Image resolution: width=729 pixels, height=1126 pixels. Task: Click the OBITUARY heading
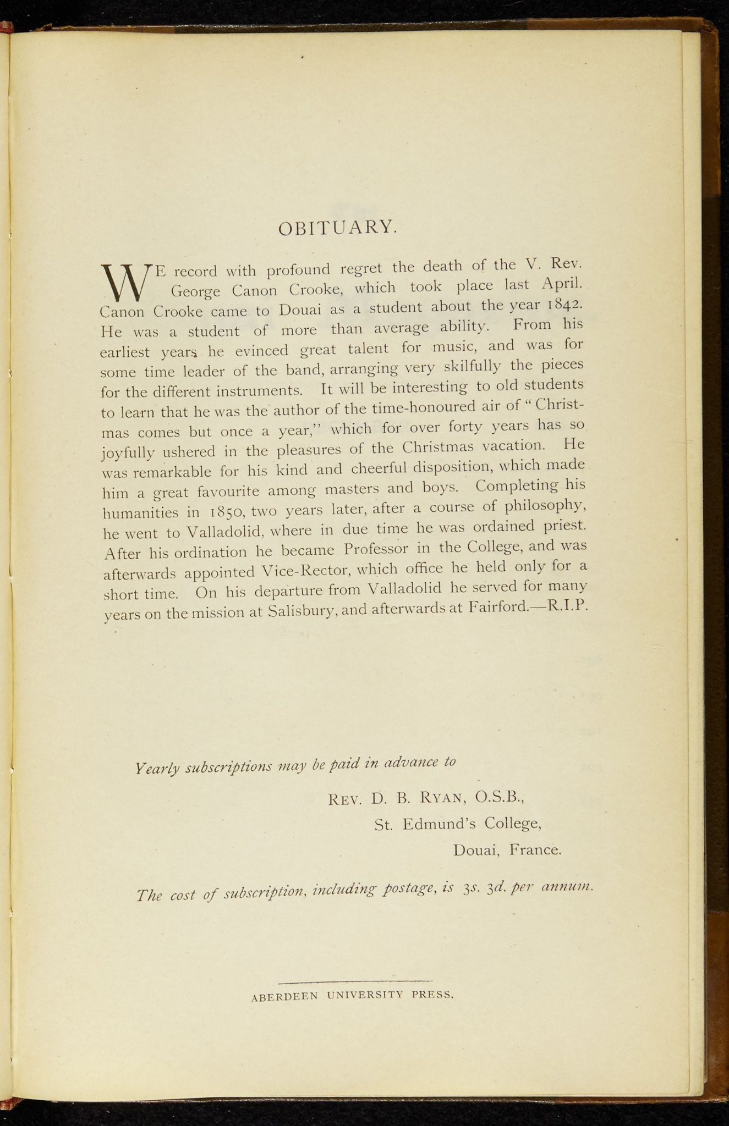(x=337, y=227)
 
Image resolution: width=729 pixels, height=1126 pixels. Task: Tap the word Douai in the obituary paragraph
(x=300, y=310)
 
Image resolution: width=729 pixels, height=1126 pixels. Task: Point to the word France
(x=535, y=850)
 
